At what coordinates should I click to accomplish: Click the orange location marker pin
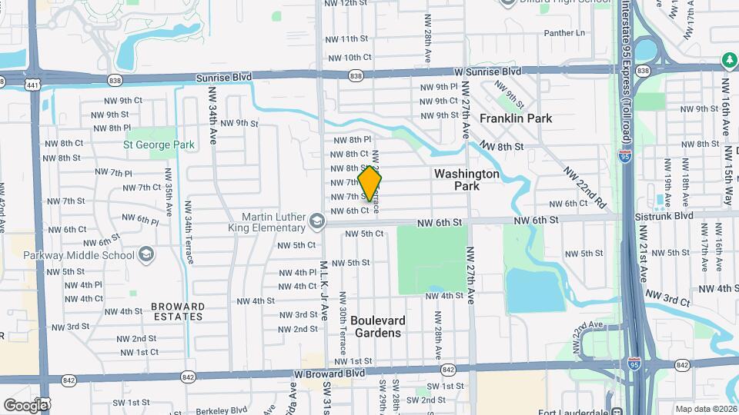tap(370, 183)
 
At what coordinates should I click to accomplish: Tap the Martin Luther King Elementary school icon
tap(316, 223)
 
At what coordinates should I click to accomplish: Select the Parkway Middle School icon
tap(146, 254)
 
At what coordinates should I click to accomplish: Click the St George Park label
tap(159, 144)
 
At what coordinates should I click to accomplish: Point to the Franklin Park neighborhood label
tap(516, 119)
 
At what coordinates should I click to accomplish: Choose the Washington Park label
tap(466, 180)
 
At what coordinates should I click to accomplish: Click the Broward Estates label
tap(179, 311)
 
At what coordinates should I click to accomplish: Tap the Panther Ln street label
tap(564, 33)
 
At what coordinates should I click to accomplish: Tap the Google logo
tap(25, 405)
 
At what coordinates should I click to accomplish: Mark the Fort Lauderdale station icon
tap(617, 410)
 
